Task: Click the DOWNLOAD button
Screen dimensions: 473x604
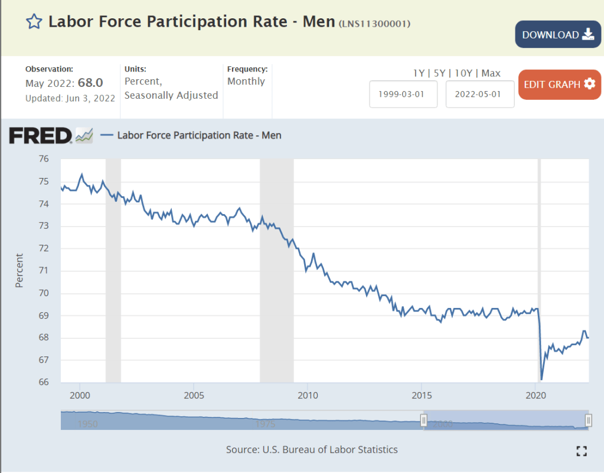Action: pyautogui.click(x=558, y=34)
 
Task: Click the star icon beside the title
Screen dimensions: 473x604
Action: pyautogui.click(x=34, y=22)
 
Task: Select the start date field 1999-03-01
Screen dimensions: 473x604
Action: pyautogui.click(x=403, y=94)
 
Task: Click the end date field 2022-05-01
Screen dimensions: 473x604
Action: pyautogui.click(x=479, y=94)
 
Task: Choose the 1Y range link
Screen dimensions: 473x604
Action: pyautogui.click(x=419, y=73)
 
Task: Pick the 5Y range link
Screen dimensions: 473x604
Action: pyautogui.click(x=440, y=73)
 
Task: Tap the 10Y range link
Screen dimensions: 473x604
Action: pyautogui.click(x=464, y=73)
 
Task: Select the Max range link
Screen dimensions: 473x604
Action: pyautogui.click(x=491, y=73)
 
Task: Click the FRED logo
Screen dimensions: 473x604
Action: pyautogui.click(x=41, y=135)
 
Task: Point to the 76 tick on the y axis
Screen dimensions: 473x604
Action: pyautogui.click(x=43, y=159)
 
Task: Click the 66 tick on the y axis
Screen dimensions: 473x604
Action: pyautogui.click(x=43, y=382)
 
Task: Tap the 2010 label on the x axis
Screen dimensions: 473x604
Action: pyautogui.click(x=307, y=395)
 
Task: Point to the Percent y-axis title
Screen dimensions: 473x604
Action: pyautogui.click(x=19, y=271)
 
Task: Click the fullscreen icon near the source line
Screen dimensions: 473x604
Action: pyautogui.click(x=582, y=451)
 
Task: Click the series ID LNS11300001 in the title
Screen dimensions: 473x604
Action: pyautogui.click(x=375, y=24)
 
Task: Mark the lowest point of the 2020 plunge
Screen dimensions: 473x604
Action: pyautogui.click(x=541, y=379)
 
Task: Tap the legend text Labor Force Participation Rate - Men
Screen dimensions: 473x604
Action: pyautogui.click(x=199, y=135)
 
